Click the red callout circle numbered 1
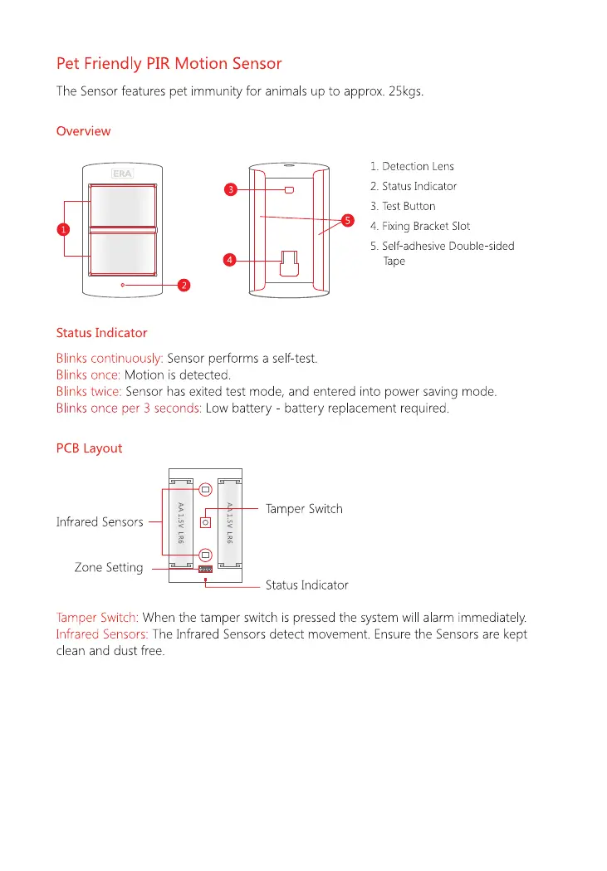(63, 230)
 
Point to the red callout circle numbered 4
(230, 261)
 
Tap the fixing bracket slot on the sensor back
(289, 262)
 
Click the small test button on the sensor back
(289, 190)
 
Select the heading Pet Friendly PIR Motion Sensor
(169, 64)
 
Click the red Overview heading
(83, 131)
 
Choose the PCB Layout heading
(89, 448)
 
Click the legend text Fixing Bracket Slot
(420, 226)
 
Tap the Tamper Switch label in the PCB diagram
(304, 509)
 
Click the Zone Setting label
(109, 568)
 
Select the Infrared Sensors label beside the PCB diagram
(100, 522)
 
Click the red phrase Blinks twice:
(89, 391)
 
